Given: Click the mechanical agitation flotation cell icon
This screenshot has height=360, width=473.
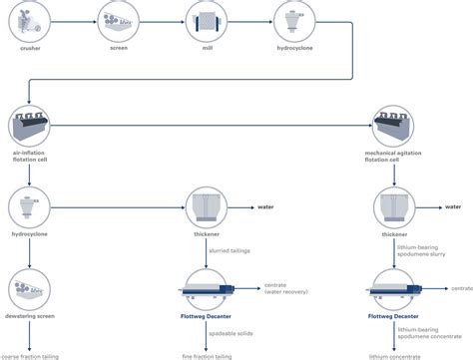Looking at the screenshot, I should click(x=400, y=128).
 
